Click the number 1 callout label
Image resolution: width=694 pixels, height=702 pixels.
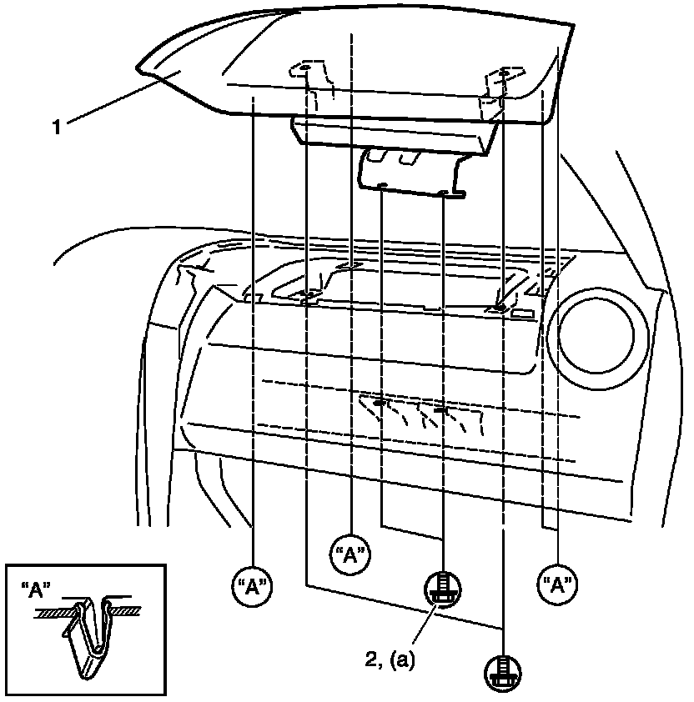(x=57, y=128)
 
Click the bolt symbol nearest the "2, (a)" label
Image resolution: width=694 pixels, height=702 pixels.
(x=442, y=589)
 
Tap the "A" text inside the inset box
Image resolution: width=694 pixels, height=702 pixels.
(x=34, y=588)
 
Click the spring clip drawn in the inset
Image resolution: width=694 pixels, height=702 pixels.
(x=90, y=634)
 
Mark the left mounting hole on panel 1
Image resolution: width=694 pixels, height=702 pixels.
(x=304, y=69)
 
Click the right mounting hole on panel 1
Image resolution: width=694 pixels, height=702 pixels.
(x=503, y=75)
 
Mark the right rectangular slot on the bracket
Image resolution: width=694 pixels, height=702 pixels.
(x=410, y=158)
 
